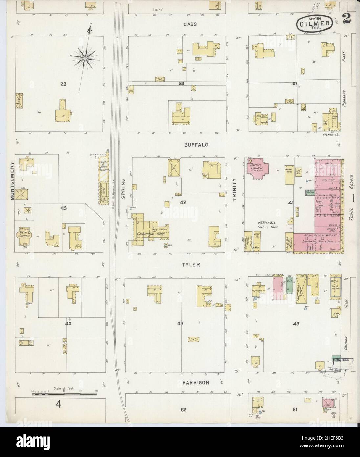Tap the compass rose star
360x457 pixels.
click(85, 58)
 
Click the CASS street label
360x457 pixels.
click(190, 24)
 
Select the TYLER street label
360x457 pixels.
click(192, 264)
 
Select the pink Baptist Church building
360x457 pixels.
click(258, 168)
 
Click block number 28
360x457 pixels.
click(63, 84)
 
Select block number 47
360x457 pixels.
click(180, 324)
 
